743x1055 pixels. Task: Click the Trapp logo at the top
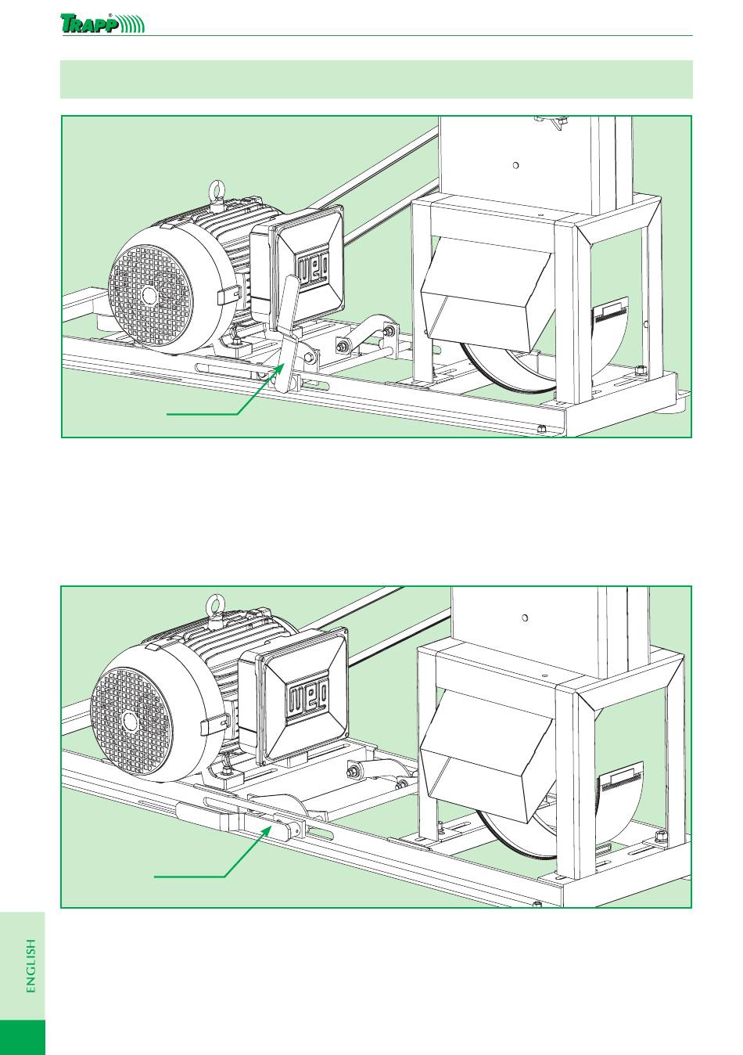pyautogui.click(x=102, y=23)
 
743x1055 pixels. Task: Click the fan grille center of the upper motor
pyautogui.click(x=150, y=295)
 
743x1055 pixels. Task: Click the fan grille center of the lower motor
pyautogui.click(x=129, y=722)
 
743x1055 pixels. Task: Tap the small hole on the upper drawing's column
pyautogui.click(x=515, y=165)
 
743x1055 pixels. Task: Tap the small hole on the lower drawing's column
pyautogui.click(x=525, y=618)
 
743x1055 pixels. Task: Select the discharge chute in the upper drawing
pyautogui.click(x=487, y=293)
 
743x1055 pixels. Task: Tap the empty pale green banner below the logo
pyautogui.click(x=376, y=79)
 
